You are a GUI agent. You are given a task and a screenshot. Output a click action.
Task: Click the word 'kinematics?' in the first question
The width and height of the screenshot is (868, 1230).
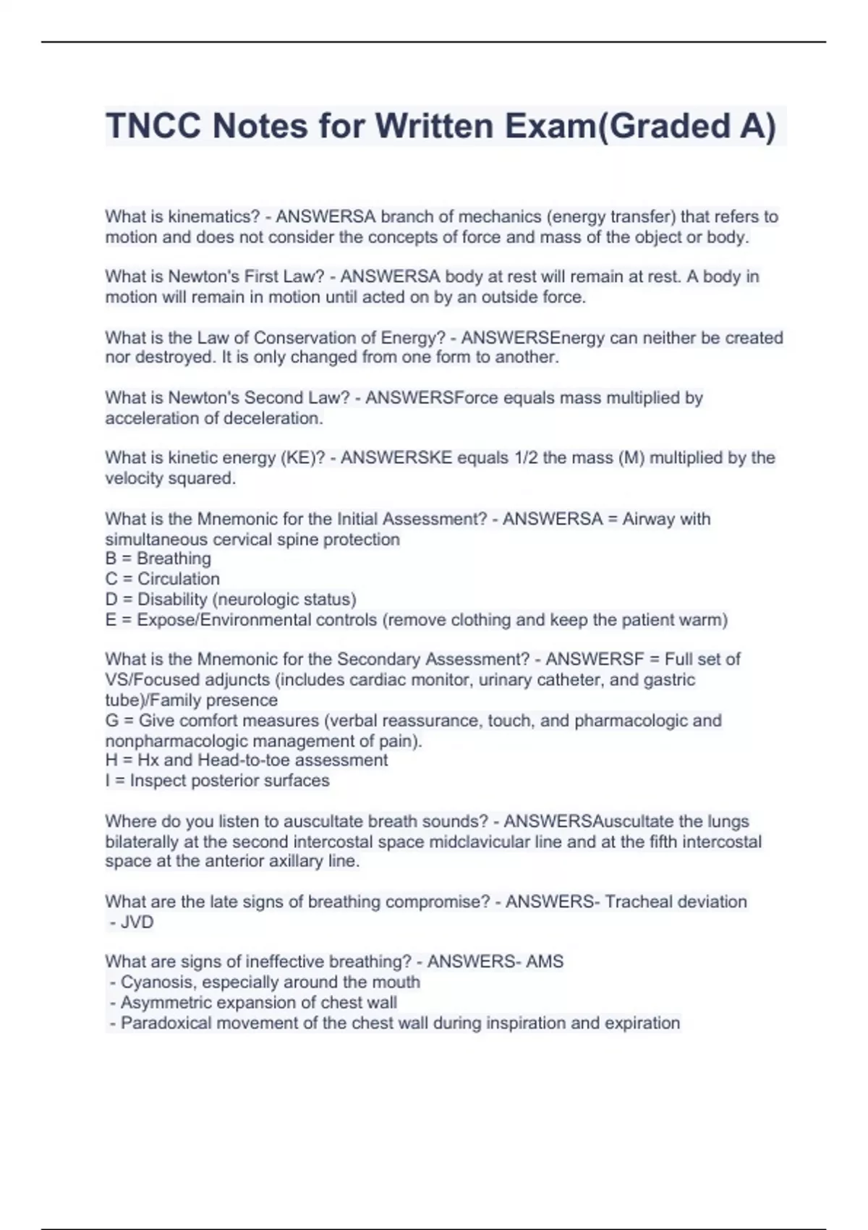pos(214,216)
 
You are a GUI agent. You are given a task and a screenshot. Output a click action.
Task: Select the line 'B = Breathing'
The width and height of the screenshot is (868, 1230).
pos(158,559)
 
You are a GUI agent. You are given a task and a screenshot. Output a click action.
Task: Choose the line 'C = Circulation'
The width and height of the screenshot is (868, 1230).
pos(163,579)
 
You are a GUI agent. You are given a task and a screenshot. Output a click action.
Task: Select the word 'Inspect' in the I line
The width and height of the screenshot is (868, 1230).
pos(158,781)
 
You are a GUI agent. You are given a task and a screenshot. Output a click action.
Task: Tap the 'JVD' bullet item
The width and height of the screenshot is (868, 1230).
pos(137,922)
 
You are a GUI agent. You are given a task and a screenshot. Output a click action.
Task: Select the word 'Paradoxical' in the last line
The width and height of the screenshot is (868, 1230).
pos(166,1023)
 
